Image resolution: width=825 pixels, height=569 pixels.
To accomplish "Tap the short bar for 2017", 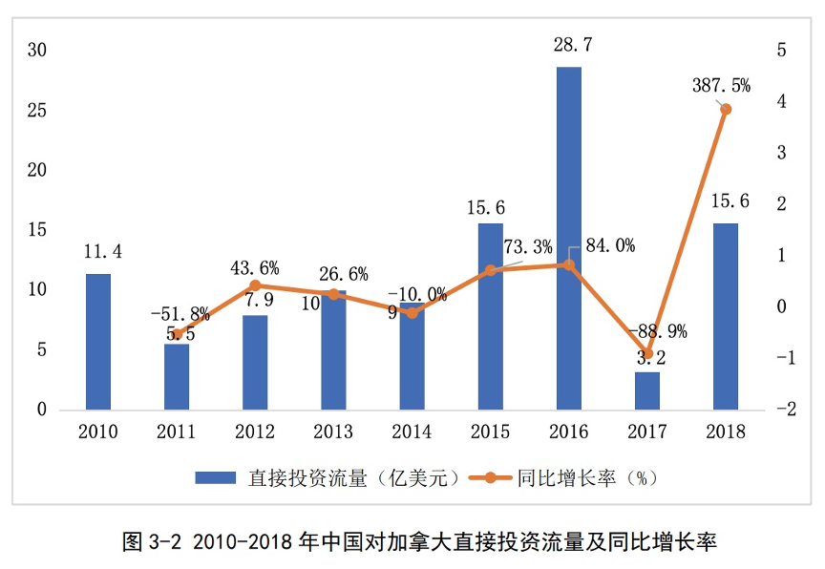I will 647,391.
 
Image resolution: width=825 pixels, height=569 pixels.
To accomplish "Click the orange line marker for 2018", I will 726,109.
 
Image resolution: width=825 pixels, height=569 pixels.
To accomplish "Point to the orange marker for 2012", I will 255,285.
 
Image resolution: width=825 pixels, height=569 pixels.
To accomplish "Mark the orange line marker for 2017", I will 647,353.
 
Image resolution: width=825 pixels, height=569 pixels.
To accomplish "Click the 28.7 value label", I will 568,45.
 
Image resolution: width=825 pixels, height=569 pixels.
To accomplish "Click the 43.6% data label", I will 255,268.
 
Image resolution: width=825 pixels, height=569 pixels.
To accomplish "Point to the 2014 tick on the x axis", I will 412,432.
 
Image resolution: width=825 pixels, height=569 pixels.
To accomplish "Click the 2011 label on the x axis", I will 177,432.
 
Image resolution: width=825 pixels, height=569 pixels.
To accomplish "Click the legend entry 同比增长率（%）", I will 564,477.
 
